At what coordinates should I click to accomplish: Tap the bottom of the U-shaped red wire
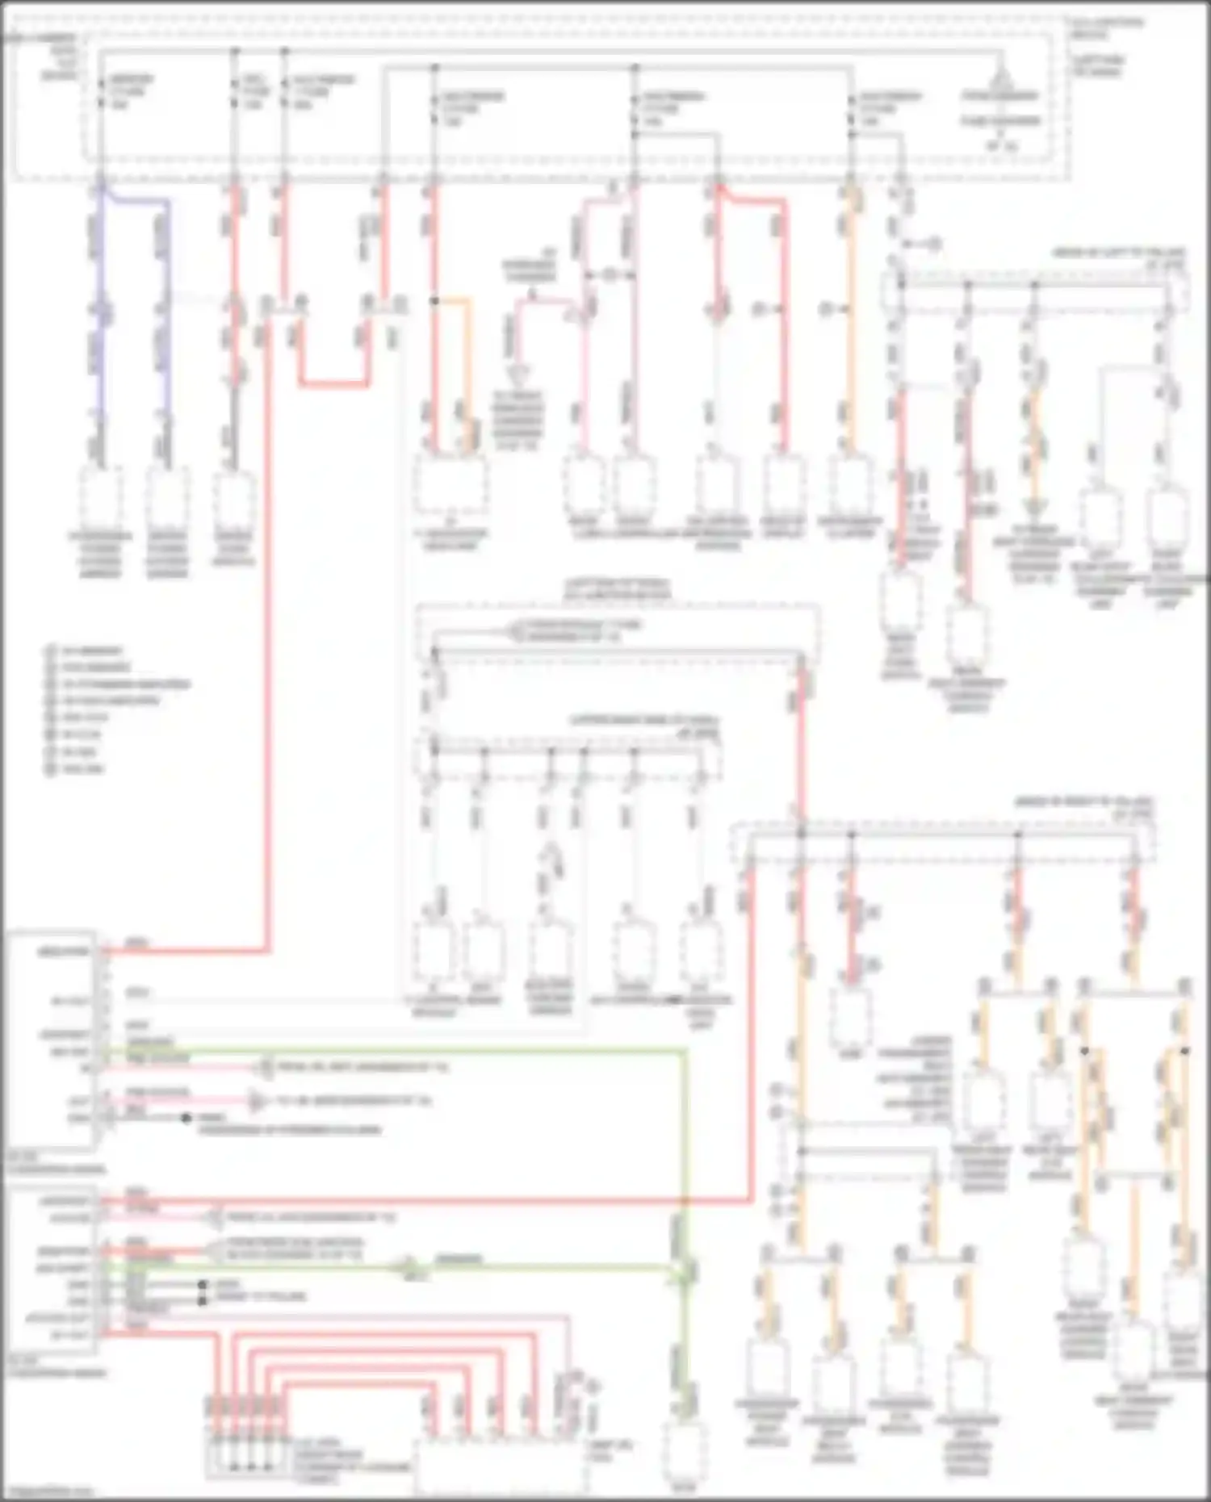click(x=335, y=384)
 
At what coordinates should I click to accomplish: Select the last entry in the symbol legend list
click(x=81, y=769)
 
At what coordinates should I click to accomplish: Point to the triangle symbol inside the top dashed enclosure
click(x=1000, y=81)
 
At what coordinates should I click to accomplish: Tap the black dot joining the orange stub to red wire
click(x=434, y=301)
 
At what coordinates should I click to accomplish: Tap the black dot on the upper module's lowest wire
click(x=186, y=1118)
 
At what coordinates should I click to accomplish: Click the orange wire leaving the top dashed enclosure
click(x=849, y=323)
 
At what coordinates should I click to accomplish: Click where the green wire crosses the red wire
click(x=685, y=1201)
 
